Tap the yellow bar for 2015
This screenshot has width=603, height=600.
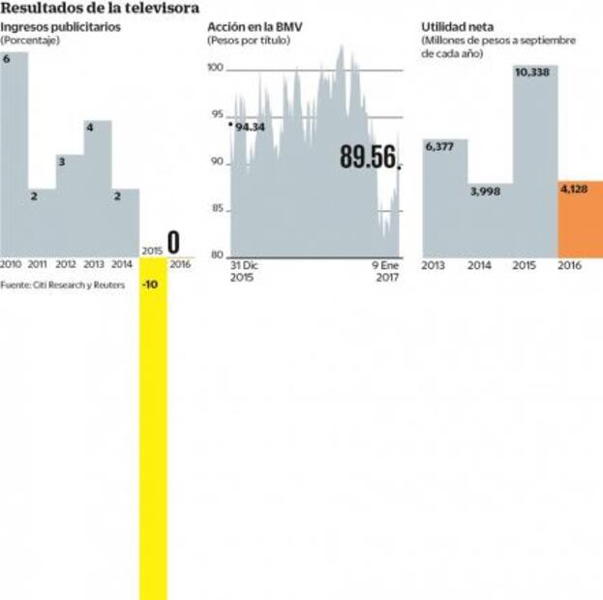(153, 435)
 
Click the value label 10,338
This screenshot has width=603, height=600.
(534, 73)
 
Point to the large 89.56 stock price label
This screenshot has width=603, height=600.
(369, 158)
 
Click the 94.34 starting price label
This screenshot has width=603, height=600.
(250, 127)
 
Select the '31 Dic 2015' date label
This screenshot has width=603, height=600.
(245, 269)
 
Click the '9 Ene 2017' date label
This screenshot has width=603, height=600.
(388, 269)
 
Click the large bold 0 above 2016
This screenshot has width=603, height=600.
(174, 242)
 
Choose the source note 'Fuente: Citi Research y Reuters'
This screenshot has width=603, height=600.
(62, 285)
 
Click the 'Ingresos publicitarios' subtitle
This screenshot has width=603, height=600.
(61, 27)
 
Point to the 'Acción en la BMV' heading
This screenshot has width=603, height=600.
(255, 27)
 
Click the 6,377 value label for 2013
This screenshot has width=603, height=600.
(440, 147)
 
